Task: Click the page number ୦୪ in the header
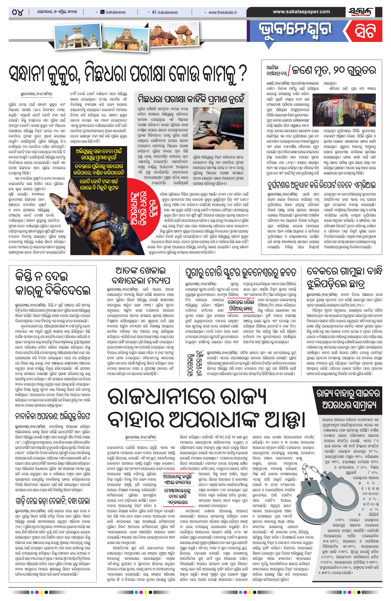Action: [18, 12]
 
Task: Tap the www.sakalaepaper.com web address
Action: [301, 12]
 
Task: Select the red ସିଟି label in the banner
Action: [365, 31]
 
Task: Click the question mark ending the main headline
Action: [242, 74]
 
